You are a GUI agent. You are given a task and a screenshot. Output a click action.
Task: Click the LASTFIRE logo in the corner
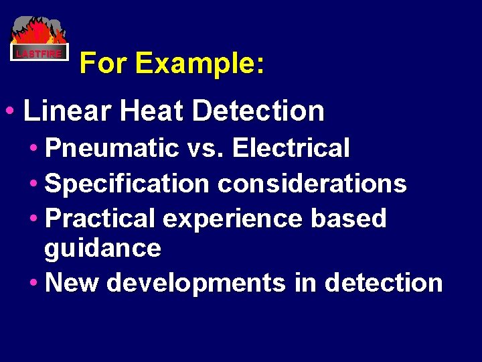click(39, 40)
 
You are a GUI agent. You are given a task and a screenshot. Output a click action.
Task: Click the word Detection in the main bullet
click(258, 111)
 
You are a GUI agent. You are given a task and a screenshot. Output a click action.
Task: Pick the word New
click(72, 283)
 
